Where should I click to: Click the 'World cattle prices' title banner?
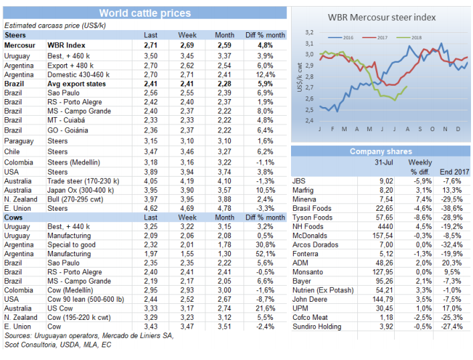(x=145, y=13)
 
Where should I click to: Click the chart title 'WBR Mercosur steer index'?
(x=382, y=17)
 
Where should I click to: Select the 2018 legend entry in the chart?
(x=414, y=37)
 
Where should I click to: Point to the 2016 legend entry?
(x=345, y=37)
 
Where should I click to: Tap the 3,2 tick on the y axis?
(x=308, y=32)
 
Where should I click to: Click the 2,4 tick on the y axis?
(x=308, y=120)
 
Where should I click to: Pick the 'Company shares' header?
(x=381, y=152)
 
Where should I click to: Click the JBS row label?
(x=300, y=181)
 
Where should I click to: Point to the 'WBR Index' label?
(x=66, y=44)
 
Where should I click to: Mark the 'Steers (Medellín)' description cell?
(x=74, y=162)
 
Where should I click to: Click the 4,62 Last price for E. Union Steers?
(x=151, y=209)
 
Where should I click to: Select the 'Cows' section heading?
(x=15, y=217)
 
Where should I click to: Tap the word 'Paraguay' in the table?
(x=19, y=141)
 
